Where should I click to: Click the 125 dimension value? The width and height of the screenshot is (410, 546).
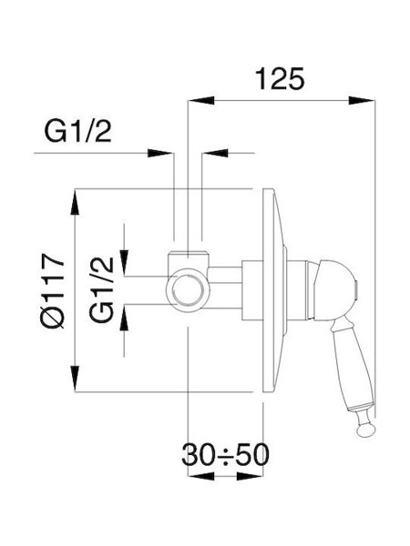pyautogui.click(x=280, y=78)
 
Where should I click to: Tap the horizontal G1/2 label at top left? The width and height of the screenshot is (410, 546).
pyautogui.click(x=77, y=131)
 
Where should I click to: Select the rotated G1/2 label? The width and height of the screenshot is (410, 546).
pyautogui.click(x=101, y=289)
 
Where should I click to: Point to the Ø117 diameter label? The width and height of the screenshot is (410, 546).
pyautogui.click(x=52, y=292)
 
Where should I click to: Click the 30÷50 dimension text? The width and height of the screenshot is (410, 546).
pyautogui.click(x=226, y=454)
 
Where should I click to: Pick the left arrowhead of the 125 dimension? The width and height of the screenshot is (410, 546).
pyautogui.click(x=201, y=100)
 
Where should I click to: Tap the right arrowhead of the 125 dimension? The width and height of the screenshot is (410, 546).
pyautogui.click(x=362, y=100)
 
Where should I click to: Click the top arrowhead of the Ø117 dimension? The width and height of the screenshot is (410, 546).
pyautogui.click(x=75, y=202)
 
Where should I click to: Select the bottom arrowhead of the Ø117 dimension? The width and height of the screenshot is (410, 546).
pyautogui.click(x=75, y=379)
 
